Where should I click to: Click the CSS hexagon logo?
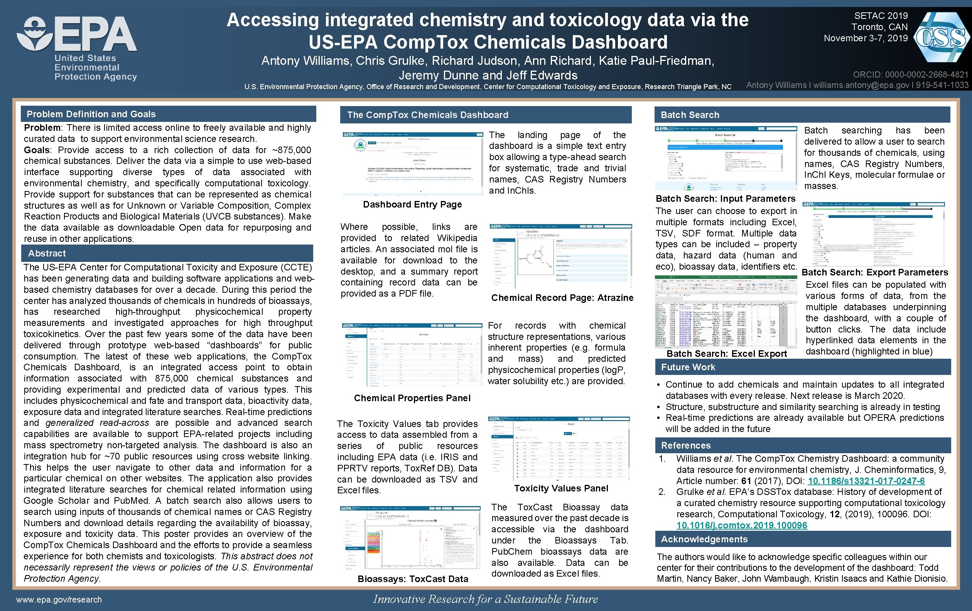[941, 37]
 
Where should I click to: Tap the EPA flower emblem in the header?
[35, 34]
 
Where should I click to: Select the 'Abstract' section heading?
[47, 253]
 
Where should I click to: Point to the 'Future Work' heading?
[688, 367]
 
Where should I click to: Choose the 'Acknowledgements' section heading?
[704, 539]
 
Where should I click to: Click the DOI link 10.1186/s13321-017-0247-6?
[866, 481]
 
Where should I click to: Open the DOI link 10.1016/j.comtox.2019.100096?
[741, 525]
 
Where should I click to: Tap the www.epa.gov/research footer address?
[59, 600]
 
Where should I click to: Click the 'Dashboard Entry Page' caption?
[412, 204]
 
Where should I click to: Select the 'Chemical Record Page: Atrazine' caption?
[562, 298]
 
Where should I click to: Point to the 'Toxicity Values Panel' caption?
[561, 488]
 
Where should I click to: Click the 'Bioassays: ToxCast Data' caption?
[413, 579]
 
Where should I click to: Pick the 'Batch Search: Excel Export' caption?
[727, 354]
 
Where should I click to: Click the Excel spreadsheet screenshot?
[726, 312]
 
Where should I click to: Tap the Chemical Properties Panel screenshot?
[412, 355]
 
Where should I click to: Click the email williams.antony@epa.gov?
[861, 85]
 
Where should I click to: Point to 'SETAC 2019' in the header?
[881, 16]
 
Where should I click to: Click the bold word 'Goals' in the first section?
[37, 150]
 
